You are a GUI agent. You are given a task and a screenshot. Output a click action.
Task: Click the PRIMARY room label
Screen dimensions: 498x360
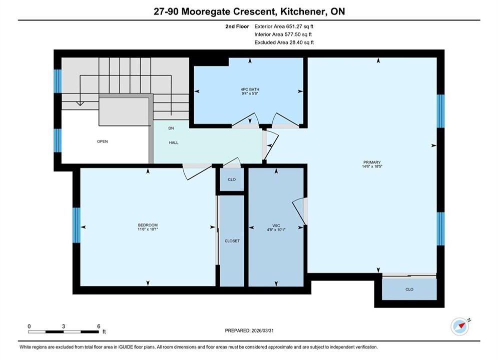point(372,162)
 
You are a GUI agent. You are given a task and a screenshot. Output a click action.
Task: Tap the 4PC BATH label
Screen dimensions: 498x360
point(250,89)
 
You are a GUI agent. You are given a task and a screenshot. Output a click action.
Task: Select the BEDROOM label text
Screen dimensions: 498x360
point(148,225)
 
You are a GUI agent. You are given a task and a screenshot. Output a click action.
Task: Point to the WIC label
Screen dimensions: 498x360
point(276,225)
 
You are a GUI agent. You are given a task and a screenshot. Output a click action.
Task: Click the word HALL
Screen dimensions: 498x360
point(173,142)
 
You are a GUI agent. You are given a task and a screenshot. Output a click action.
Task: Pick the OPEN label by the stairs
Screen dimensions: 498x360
point(102,141)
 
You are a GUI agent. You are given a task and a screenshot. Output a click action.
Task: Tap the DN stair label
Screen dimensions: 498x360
point(171,128)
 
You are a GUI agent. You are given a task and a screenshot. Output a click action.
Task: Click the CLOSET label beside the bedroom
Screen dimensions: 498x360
point(232,240)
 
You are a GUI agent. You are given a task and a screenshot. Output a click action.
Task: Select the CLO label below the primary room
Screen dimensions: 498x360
point(409,289)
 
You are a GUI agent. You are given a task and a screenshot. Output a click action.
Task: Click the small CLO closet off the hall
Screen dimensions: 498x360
point(232,179)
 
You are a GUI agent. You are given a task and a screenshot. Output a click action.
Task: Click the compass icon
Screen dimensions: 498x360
point(460,326)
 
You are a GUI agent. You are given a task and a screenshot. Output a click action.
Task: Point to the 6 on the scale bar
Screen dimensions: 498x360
point(99,326)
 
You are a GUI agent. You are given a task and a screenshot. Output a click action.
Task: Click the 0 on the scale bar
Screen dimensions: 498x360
point(29,326)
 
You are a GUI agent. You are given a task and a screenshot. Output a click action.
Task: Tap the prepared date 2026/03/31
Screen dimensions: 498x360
point(262,330)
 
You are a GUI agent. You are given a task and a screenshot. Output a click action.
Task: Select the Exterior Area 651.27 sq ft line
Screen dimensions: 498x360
point(284,26)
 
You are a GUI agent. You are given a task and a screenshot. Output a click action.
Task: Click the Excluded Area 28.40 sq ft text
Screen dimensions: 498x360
point(284,42)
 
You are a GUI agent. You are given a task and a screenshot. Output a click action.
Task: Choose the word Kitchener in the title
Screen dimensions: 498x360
point(303,11)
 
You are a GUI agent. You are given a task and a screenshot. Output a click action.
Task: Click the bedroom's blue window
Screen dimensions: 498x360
point(77,225)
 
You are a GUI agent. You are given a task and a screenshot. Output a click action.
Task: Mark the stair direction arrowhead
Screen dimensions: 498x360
point(80,103)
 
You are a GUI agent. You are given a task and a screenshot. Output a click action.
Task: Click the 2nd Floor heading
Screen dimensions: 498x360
point(237,26)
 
